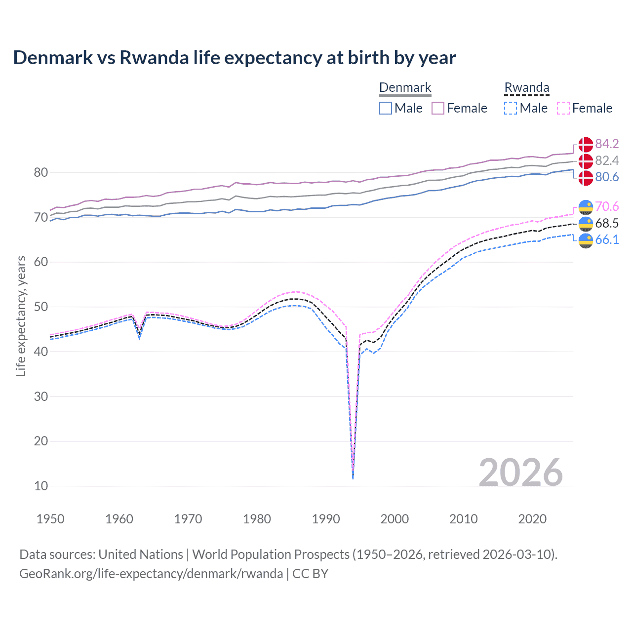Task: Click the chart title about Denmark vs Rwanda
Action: (x=234, y=58)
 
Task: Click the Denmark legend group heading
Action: (x=405, y=88)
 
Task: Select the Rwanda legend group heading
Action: (x=526, y=88)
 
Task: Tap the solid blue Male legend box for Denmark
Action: (x=386, y=108)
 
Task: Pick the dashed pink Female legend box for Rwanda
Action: (x=563, y=108)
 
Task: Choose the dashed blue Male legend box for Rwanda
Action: (x=511, y=108)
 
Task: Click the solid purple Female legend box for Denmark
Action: (x=438, y=108)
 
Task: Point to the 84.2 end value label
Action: (x=607, y=144)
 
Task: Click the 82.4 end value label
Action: (x=607, y=160)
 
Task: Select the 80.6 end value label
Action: (x=607, y=177)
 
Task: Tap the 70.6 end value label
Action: (x=607, y=206)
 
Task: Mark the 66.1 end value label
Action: (x=607, y=239)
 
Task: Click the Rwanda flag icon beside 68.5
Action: (x=586, y=223)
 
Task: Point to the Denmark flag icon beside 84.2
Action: (x=586, y=144)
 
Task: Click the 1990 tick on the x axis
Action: (x=326, y=519)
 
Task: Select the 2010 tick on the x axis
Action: (x=463, y=519)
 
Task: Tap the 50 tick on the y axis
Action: (x=41, y=307)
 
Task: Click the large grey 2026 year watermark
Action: (x=521, y=473)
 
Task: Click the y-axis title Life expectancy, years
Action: (x=21, y=316)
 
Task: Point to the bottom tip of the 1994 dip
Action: (x=353, y=478)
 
